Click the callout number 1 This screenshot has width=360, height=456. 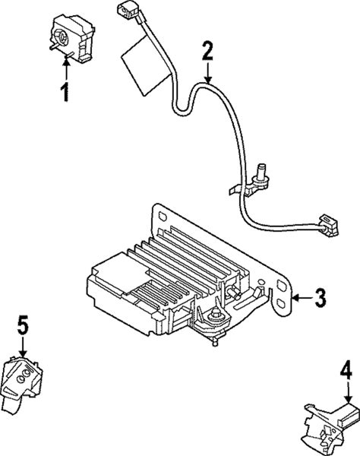66,92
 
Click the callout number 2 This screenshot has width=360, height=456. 207,51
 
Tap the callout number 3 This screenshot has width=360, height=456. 320,297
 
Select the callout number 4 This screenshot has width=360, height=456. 346,371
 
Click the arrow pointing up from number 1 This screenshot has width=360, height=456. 67,69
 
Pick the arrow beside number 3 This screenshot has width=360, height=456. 302,297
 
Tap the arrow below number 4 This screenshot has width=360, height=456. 348,392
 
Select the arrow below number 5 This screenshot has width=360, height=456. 23,346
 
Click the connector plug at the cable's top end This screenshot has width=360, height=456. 128,13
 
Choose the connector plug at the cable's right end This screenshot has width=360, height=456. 329,225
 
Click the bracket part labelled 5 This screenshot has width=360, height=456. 21,384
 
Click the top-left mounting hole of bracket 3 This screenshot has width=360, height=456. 163,217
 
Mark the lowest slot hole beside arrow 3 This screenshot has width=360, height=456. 281,303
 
